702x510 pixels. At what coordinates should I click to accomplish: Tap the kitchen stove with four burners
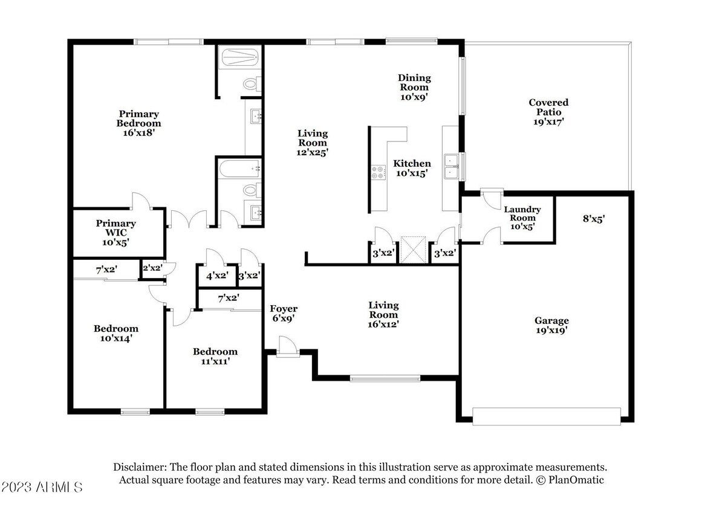point(379,173)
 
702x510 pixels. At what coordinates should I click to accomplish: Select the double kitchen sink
point(450,167)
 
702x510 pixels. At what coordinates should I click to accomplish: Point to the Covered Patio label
point(548,112)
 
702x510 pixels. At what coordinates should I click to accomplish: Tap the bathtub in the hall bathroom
point(239,169)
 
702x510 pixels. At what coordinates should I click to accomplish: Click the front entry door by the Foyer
point(285,348)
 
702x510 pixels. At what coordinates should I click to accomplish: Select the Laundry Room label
point(522,218)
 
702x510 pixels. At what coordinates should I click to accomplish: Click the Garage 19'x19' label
point(551,326)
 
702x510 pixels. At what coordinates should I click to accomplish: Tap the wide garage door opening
point(546,416)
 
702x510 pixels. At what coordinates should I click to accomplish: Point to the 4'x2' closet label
point(217,276)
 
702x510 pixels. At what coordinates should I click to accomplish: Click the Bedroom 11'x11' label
point(215,357)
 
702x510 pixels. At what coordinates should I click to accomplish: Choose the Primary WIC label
point(115,233)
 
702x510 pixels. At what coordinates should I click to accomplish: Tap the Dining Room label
point(414,86)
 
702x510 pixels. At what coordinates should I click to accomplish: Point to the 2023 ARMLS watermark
point(42,486)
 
